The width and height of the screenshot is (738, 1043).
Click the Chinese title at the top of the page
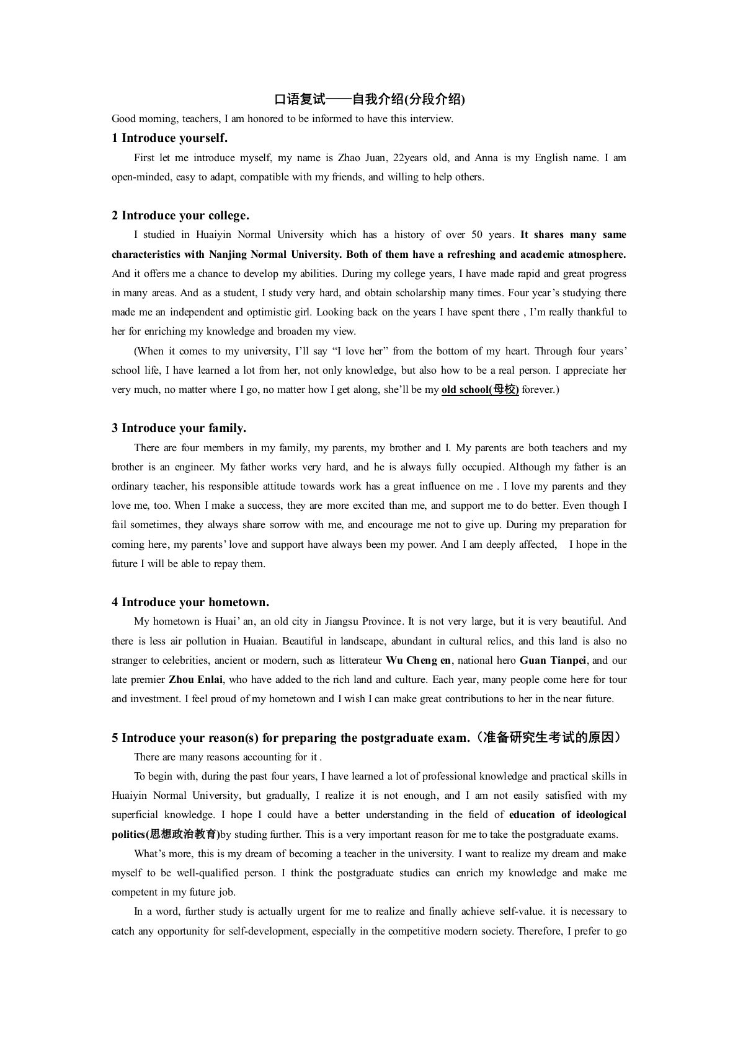(369, 99)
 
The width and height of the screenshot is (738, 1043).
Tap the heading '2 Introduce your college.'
(180, 216)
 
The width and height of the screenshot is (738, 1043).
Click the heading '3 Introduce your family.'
(179, 428)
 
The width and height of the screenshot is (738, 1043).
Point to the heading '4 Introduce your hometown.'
(190, 602)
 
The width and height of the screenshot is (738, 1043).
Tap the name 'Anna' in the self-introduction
(486, 158)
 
